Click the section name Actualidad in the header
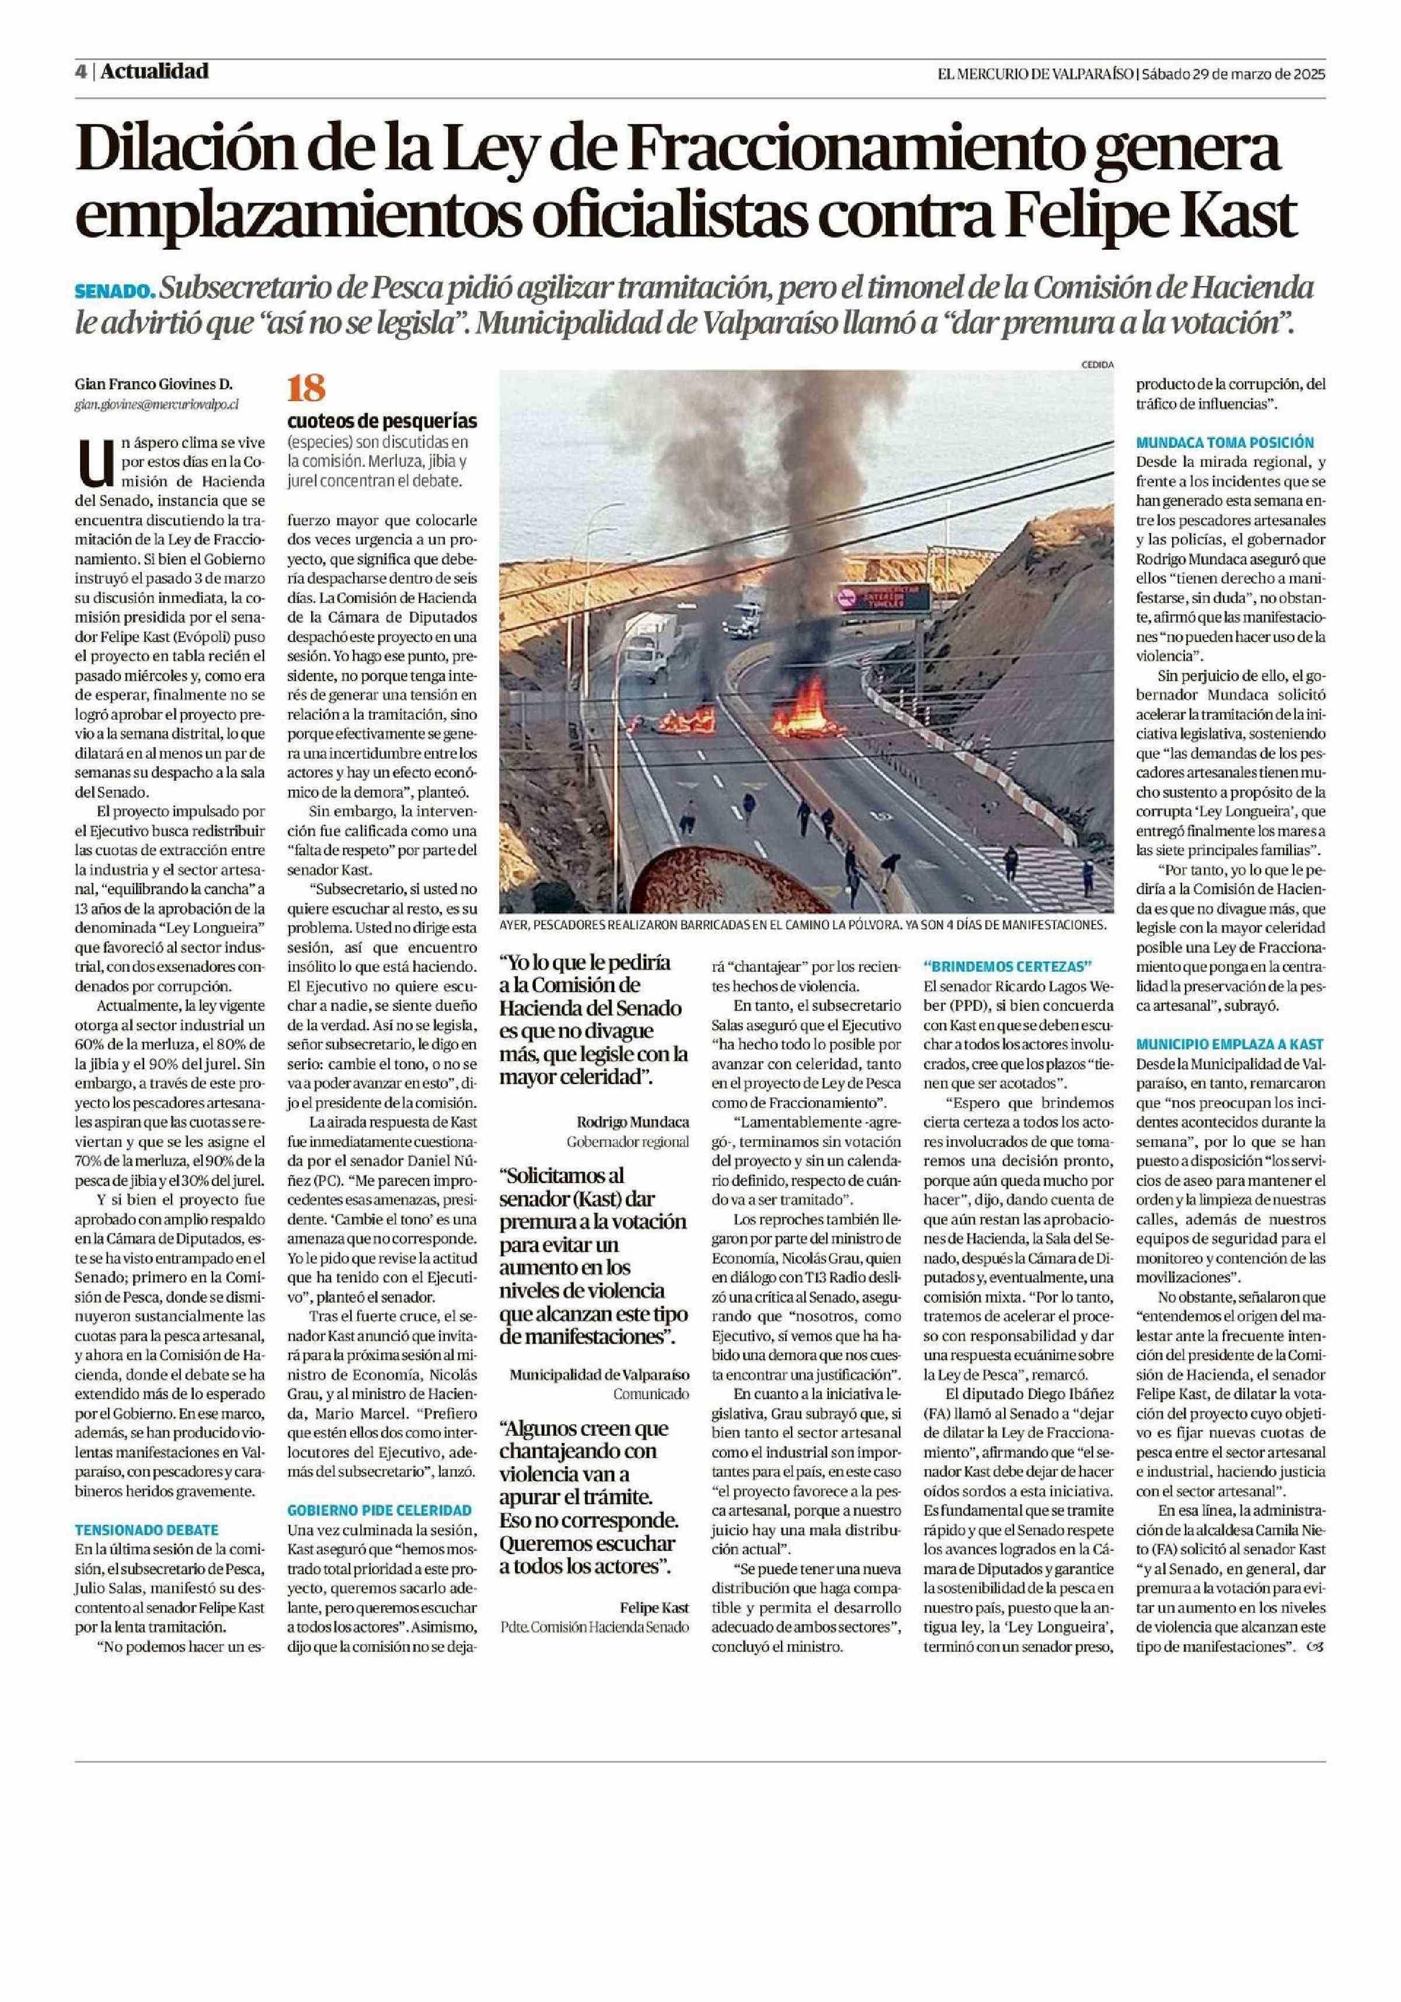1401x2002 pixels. [x=154, y=71]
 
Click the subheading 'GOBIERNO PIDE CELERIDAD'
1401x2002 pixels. [x=379, y=1509]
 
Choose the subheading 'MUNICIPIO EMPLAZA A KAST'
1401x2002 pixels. [x=1229, y=1044]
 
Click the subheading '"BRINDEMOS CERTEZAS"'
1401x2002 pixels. [x=1007, y=965]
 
